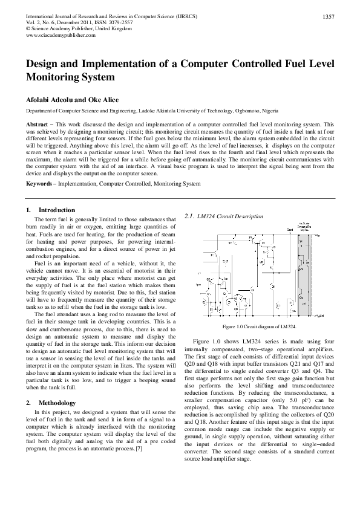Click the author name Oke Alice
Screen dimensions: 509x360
(x=102, y=100)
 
